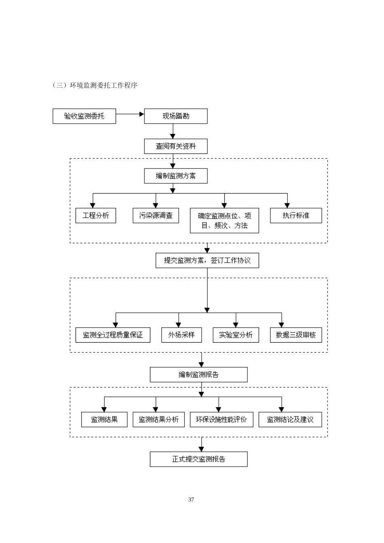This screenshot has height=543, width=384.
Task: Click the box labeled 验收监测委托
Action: pyautogui.click(x=84, y=116)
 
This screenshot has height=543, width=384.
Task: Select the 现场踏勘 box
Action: pyautogui.click(x=176, y=116)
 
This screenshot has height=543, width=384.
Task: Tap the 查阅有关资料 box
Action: pyautogui.click(x=176, y=146)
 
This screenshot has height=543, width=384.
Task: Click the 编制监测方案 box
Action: pyautogui.click(x=176, y=176)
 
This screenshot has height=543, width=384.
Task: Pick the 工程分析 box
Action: pyautogui.click(x=96, y=216)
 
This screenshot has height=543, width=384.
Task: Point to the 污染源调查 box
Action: pyautogui.click(x=156, y=216)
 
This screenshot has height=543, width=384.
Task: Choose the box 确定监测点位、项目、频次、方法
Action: pyautogui.click(x=224, y=221)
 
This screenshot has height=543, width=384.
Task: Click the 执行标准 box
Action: pyautogui.click(x=296, y=216)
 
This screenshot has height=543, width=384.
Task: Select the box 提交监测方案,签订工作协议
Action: pyautogui.click(x=207, y=261)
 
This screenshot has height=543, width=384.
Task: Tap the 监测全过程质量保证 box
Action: pyautogui.click(x=113, y=335)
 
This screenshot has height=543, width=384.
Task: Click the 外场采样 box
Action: pyautogui.click(x=181, y=335)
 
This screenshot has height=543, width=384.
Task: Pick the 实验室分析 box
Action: pyautogui.click(x=236, y=335)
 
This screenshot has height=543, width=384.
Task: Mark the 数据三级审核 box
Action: pyautogui.click(x=296, y=335)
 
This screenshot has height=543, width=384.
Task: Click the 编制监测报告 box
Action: pyautogui.click(x=198, y=375)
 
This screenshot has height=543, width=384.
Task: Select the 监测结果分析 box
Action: pyautogui.click(x=158, y=420)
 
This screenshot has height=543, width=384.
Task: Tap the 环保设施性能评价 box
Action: pyautogui.click(x=222, y=420)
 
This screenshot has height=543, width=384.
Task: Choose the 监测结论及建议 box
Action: pyautogui.click(x=290, y=420)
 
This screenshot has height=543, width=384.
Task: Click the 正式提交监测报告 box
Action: pyautogui.click(x=198, y=459)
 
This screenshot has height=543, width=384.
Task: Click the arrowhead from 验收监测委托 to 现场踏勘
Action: pyautogui.click(x=141, y=114)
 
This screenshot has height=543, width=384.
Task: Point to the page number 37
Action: pyautogui.click(x=191, y=500)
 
